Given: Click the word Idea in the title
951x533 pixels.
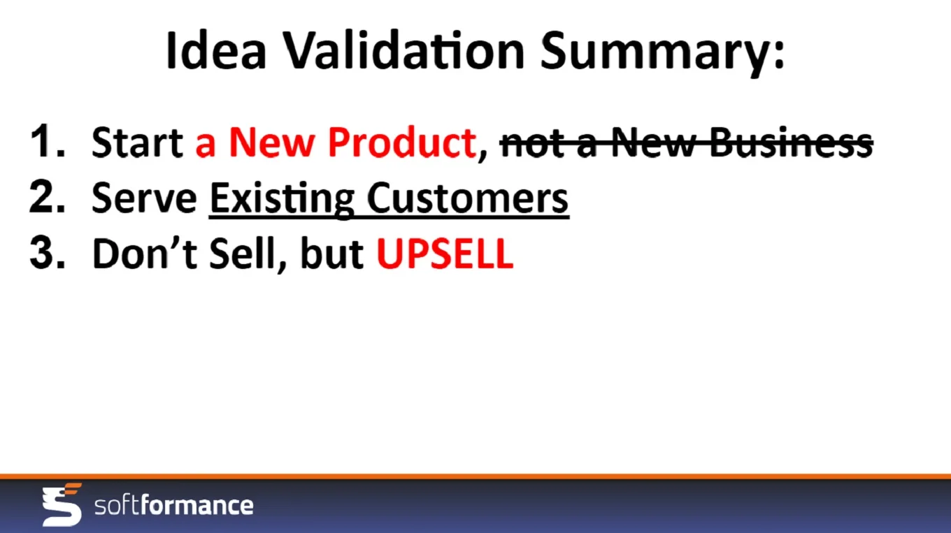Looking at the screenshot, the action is point(216,50).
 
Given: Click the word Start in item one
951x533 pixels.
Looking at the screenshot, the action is point(137,142).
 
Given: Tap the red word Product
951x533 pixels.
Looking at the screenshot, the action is point(401,142).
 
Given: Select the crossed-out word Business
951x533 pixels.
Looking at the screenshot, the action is point(790,142).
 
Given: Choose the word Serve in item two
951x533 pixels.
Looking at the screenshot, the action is point(144,198).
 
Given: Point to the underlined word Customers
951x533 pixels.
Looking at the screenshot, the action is point(467,198).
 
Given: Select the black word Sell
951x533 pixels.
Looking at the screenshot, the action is point(242,254).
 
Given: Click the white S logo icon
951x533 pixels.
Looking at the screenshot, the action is point(62,504).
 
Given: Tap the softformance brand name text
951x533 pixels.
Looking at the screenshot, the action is point(174,505).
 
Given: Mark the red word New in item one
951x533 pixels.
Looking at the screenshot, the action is point(271,142).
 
